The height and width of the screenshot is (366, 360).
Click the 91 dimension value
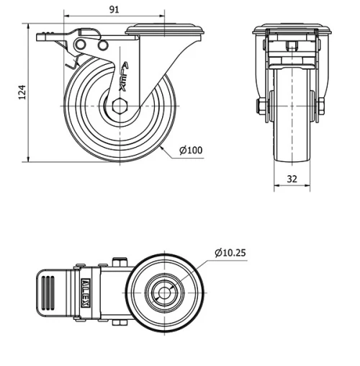coord(114,9)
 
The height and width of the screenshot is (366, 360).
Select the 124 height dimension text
coord(21,91)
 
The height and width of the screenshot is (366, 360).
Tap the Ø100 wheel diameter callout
coord(190,150)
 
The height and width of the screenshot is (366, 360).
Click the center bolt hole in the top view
coord(165,294)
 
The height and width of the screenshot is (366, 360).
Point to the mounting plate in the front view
coord(292,31)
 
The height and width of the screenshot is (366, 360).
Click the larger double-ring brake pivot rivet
coord(81,47)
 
